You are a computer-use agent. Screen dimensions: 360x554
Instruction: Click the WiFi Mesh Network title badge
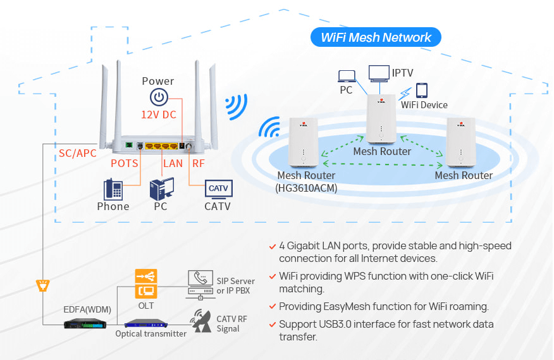(376, 37)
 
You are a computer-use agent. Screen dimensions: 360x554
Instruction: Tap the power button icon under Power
(158, 97)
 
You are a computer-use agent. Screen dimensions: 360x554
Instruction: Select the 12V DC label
(158, 115)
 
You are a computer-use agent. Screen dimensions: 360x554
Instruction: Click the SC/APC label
(78, 153)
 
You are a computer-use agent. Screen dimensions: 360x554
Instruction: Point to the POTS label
(125, 163)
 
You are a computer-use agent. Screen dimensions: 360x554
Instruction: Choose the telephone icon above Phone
(113, 189)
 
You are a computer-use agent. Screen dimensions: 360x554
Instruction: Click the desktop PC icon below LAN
(161, 189)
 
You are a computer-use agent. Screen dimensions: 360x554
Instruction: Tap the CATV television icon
(218, 189)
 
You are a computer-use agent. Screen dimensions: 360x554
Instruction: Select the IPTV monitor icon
(379, 72)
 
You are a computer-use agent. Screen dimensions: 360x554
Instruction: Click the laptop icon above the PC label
(347, 76)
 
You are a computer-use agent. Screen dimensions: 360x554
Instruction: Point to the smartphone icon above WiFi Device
(421, 90)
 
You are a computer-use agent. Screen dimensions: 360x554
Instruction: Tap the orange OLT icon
(146, 283)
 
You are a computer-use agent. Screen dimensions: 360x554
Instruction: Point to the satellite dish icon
(202, 320)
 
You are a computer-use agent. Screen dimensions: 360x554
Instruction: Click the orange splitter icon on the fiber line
(43, 285)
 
